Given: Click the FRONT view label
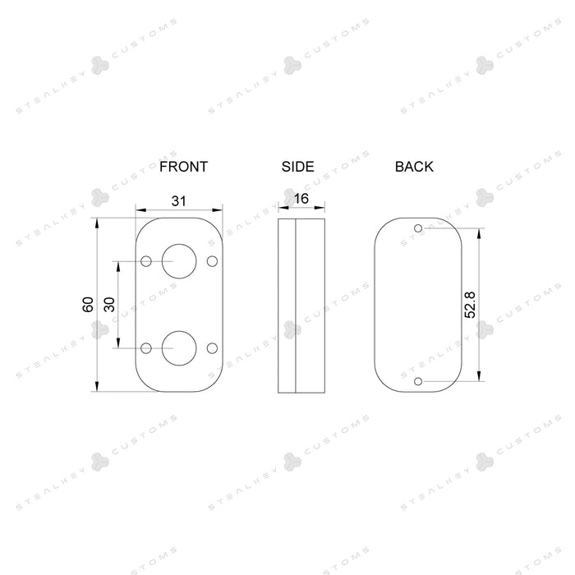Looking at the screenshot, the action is point(183,167).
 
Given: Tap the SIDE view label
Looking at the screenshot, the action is point(297,167).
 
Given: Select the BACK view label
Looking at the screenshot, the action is point(414,167).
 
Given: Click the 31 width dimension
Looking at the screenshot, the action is point(178,201).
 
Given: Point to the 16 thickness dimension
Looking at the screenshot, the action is point(301,199).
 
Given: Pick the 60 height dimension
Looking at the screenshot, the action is point(88,305).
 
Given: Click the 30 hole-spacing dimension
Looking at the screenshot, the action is point(109,305).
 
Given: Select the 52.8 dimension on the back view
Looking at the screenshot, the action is point(470,305).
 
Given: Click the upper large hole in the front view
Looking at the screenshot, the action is point(179,261).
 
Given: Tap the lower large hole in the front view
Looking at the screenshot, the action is point(179,348).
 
